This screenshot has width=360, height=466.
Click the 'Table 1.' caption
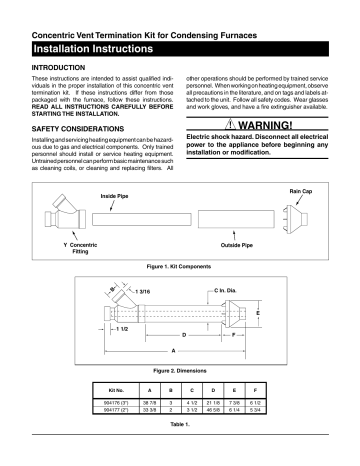180,426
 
